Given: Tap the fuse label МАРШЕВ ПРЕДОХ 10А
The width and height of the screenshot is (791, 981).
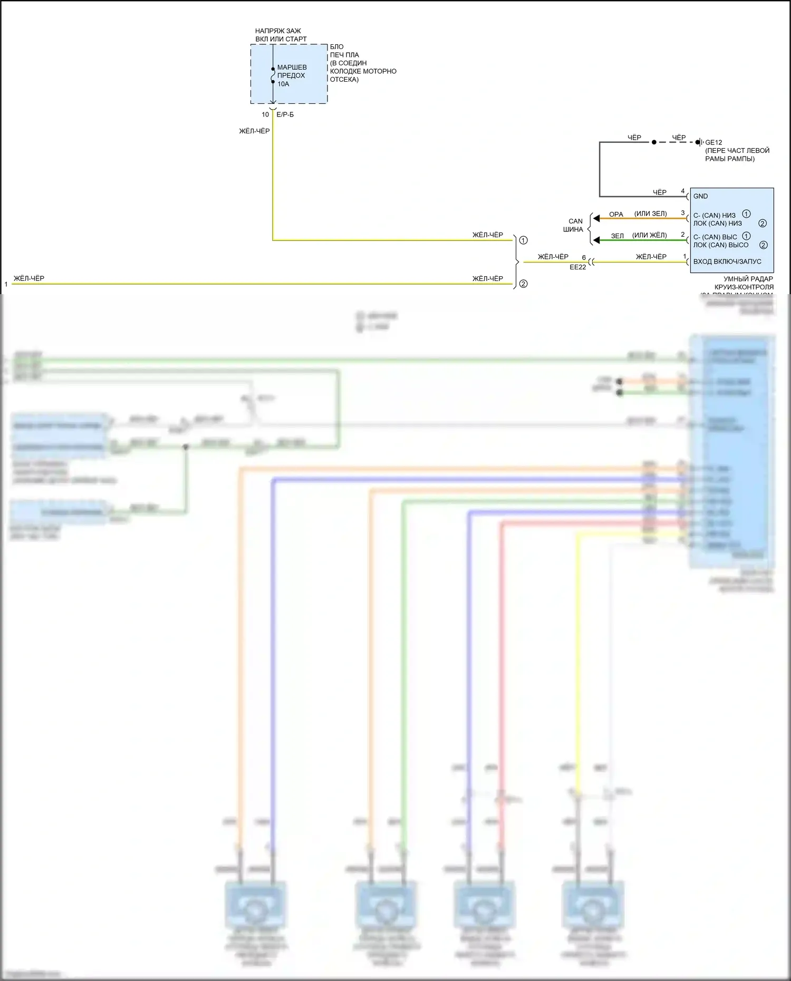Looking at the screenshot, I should coord(292,75).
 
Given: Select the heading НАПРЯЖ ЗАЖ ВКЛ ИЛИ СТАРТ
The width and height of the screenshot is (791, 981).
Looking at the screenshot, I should coord(281,35).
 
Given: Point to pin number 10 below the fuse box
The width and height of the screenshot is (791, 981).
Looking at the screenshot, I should coord(265,114).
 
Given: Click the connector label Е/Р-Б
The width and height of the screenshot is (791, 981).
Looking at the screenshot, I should coord(285,114).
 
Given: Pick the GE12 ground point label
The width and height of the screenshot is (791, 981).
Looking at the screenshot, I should coord(713,142).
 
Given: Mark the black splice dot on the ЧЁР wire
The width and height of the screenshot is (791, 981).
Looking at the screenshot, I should coord(654,142).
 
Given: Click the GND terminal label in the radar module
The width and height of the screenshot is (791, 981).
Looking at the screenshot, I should coord(700,196).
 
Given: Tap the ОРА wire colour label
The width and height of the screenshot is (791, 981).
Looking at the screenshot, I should coord(616,214).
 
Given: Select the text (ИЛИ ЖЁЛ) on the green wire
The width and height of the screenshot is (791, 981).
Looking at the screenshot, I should coord(649,235).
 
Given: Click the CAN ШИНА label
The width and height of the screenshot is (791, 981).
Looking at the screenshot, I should coord(574,225).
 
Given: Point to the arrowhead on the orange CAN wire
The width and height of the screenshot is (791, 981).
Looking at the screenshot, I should coord(596,218).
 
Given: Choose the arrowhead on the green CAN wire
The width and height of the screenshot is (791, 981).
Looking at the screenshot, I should coord(596,240).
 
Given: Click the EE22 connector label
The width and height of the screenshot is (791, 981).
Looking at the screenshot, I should coord(577,267).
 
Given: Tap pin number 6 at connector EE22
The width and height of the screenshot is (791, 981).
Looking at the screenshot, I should coord(584,258).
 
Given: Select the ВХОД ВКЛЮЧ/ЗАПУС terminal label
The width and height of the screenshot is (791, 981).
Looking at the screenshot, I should coord(727,261).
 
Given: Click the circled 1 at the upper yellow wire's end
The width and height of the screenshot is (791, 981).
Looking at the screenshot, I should coord(523,240).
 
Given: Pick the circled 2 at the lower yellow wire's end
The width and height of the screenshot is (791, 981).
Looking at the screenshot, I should coord(523,284).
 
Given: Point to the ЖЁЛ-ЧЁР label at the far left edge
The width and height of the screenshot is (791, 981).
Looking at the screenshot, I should coord(29,278).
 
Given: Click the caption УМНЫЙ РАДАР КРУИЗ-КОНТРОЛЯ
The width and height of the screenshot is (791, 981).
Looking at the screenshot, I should coord(748,283).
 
